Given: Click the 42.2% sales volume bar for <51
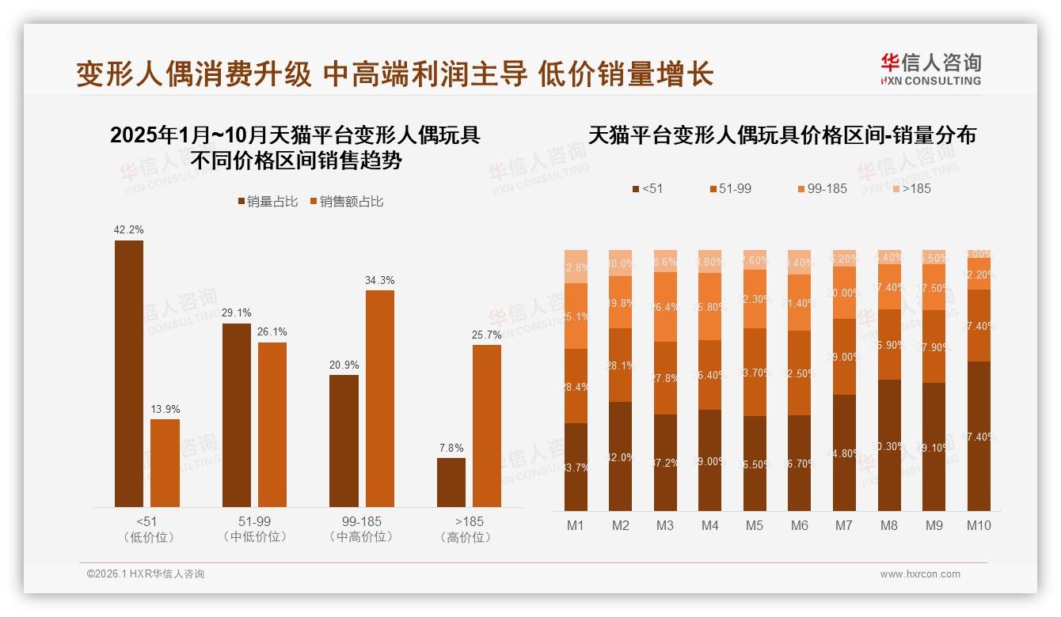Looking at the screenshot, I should (129, 373).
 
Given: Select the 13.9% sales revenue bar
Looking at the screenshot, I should (165, 463).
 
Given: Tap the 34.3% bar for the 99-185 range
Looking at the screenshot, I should (379, 399).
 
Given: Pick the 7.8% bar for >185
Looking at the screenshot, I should (451, 483).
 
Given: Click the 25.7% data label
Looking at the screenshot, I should (487, 335).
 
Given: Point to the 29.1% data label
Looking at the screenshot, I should (237, 312).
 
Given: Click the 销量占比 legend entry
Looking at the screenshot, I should (268, 202).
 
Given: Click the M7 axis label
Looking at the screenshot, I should (844, 525).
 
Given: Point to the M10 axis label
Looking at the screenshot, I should (979, 525).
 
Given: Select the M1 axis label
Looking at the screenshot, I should (576, 525).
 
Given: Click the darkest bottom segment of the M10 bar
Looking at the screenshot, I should (979, 436).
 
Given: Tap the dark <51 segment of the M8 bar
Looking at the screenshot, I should (889, 445).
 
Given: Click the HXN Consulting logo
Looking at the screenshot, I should (930, 69).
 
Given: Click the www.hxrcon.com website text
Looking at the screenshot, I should (920, 574).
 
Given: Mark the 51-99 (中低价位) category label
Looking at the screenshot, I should (254, 529).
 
